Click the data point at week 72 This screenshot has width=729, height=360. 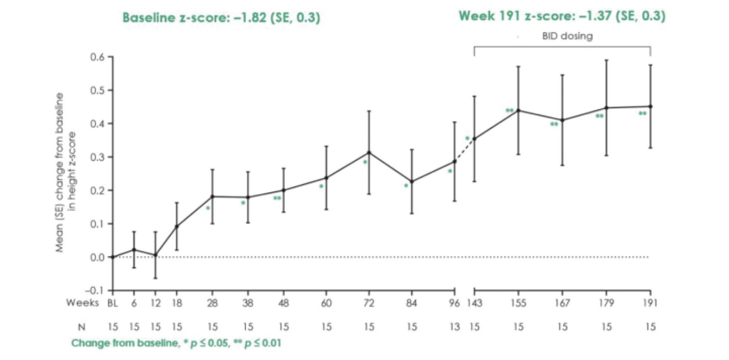369,152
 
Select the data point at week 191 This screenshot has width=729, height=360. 651,106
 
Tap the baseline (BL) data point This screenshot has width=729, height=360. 113,257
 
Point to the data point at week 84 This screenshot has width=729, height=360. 412,182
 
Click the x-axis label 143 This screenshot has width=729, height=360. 474,303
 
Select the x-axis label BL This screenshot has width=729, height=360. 113,303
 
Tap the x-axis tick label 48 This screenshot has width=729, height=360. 283,303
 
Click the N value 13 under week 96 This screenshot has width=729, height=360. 454,327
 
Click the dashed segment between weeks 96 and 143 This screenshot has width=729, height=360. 464,150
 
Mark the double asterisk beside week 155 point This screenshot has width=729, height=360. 509,110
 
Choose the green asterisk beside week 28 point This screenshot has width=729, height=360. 208,208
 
